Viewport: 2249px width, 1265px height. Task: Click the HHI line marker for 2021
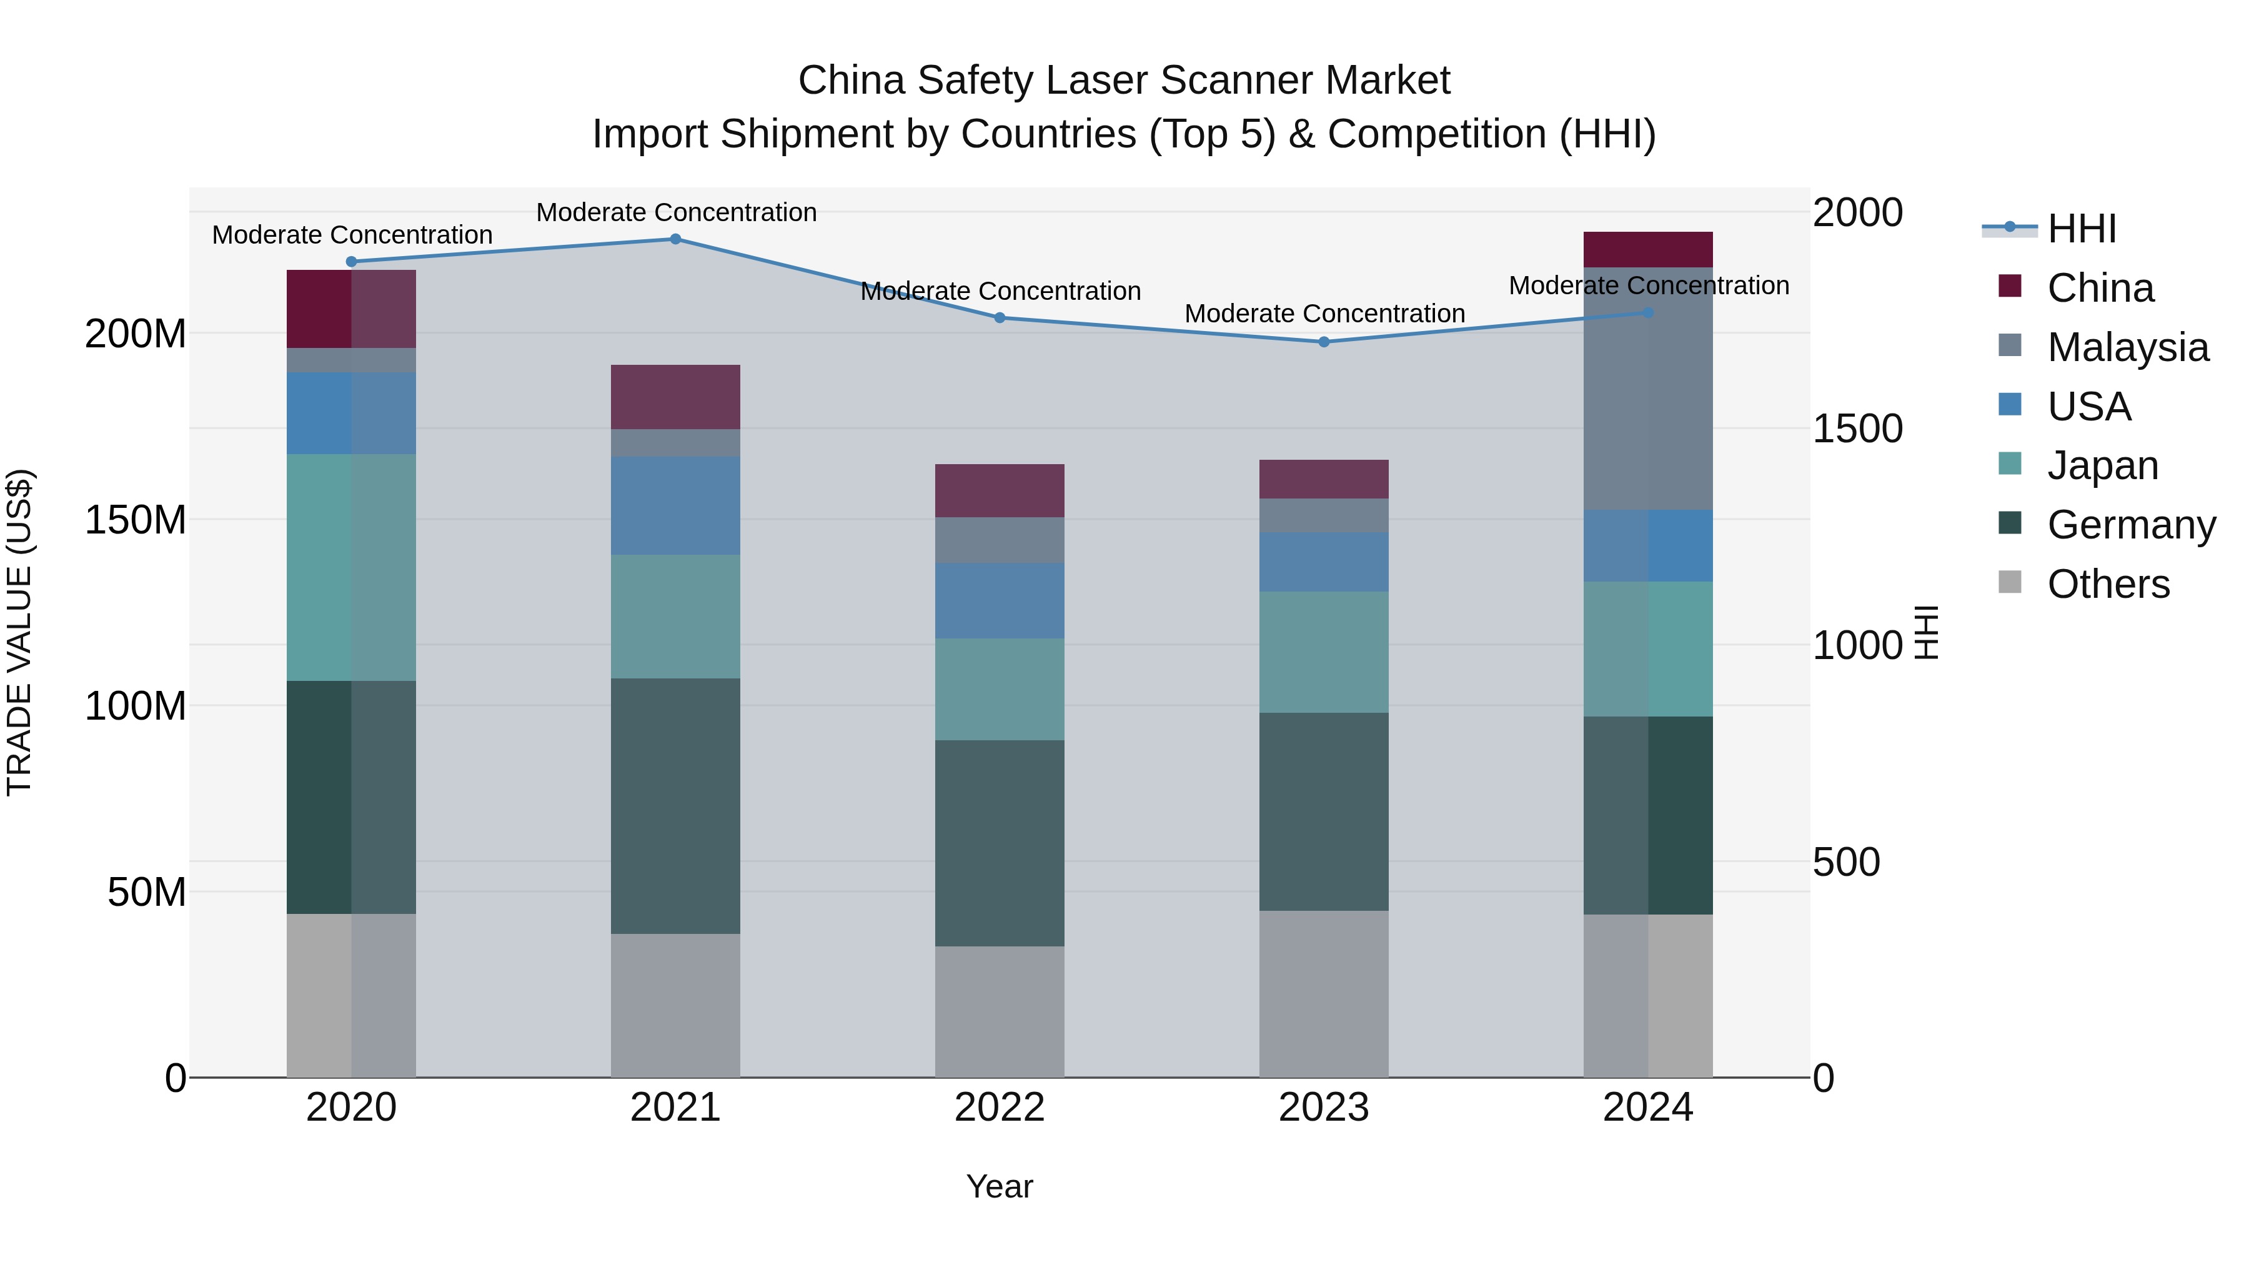[x=675, y=239]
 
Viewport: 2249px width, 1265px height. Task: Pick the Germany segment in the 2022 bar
[x=1000, y=843]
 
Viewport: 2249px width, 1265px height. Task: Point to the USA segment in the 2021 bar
[x=675, y=505]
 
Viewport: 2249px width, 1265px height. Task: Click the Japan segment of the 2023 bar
[x=1324, y=652]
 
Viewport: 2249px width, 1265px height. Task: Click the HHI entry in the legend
[x=2082, y=229]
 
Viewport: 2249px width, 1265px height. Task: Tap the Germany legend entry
[x=2130, y=525]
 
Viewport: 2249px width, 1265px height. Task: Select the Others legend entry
[x=2108, y=584]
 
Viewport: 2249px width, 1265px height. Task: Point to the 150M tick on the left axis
[x=136, y=520]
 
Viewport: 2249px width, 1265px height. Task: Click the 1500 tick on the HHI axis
[x=1857, y=429]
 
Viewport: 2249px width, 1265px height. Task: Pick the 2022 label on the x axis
[x=1000, y=1108]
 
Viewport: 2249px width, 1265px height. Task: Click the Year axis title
[x=1000, y=1186]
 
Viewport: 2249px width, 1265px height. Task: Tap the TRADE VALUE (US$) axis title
[x=19, y=632]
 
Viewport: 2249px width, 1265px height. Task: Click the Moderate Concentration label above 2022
[x=1001, y=290]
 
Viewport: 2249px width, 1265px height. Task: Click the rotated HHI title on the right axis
[x=1926, y=632]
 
